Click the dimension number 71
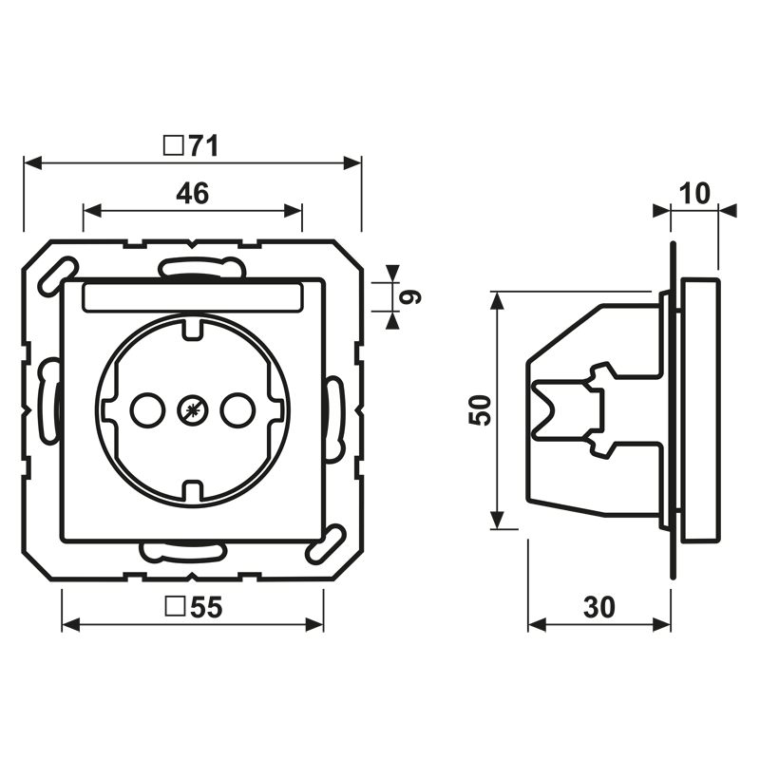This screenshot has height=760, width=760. (203, 145)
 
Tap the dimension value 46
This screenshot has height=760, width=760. (193, 193)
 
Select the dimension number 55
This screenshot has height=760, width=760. (206, 607)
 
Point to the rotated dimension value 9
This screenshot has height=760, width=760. (410, 296)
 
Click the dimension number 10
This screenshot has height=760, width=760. (694, 193)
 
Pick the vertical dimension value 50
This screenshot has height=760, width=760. (481, 410)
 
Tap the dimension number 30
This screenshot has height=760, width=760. (599, 607)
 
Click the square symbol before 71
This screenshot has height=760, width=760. (173, 145)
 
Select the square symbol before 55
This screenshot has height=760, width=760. (175, 606)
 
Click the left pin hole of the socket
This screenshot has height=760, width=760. (147, 410)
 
